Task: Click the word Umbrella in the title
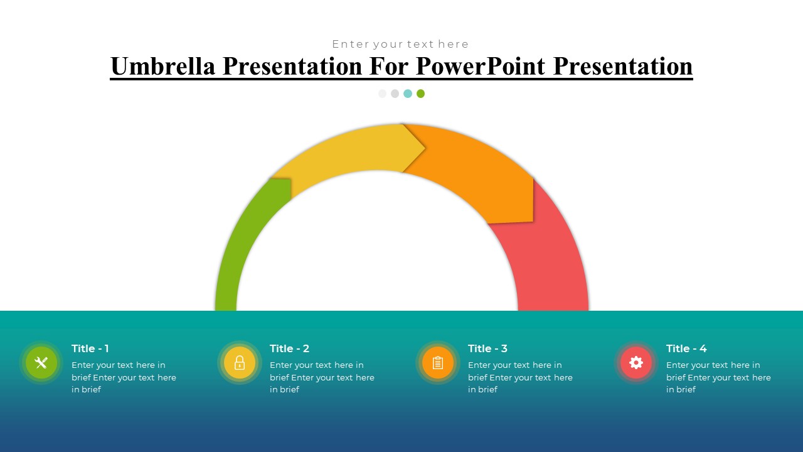click(x=163, y=66)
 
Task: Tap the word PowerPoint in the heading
click(x=481, y=66)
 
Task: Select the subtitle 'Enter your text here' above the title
click(x=400, y=44)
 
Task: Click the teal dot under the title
click(x=408, y=94)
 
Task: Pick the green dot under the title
click(x=420, y=94)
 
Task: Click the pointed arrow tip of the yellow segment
click(x=425, y=148)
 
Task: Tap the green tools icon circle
click(x=41, y=363)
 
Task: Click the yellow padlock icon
click(x=240, y=363)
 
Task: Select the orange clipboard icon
click(x=438, y=363)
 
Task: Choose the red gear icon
click(x=636, y=363)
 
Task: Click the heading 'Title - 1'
click(x=90, y=348)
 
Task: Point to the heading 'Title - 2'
click(x=289, y=348)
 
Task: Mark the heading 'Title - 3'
click(x=487, y=348)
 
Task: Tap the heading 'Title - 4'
click(x=686, y=348)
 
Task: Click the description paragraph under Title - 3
click(x=520, y=377)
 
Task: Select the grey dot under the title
click(x=395, y=94)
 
